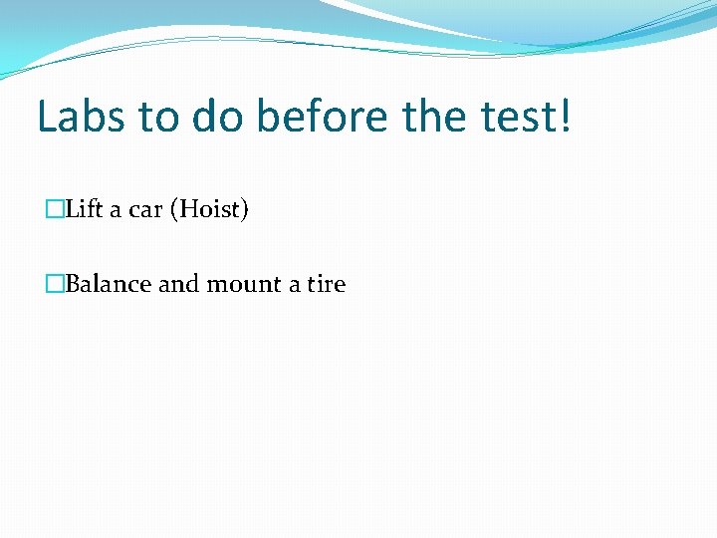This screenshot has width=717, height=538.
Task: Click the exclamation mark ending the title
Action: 566,117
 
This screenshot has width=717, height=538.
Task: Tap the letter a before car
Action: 116,211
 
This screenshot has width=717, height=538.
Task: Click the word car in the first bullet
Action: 145,211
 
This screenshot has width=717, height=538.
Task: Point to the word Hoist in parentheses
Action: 209,210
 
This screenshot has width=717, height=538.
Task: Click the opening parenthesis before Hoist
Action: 175,211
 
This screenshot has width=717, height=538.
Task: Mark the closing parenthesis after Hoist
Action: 244,211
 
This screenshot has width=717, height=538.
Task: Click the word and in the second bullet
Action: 179,284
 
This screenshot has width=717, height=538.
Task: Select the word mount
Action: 244,285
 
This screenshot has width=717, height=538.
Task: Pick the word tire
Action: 326,284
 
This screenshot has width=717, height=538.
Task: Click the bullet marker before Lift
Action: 54,211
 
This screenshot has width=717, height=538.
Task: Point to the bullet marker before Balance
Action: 54,285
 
